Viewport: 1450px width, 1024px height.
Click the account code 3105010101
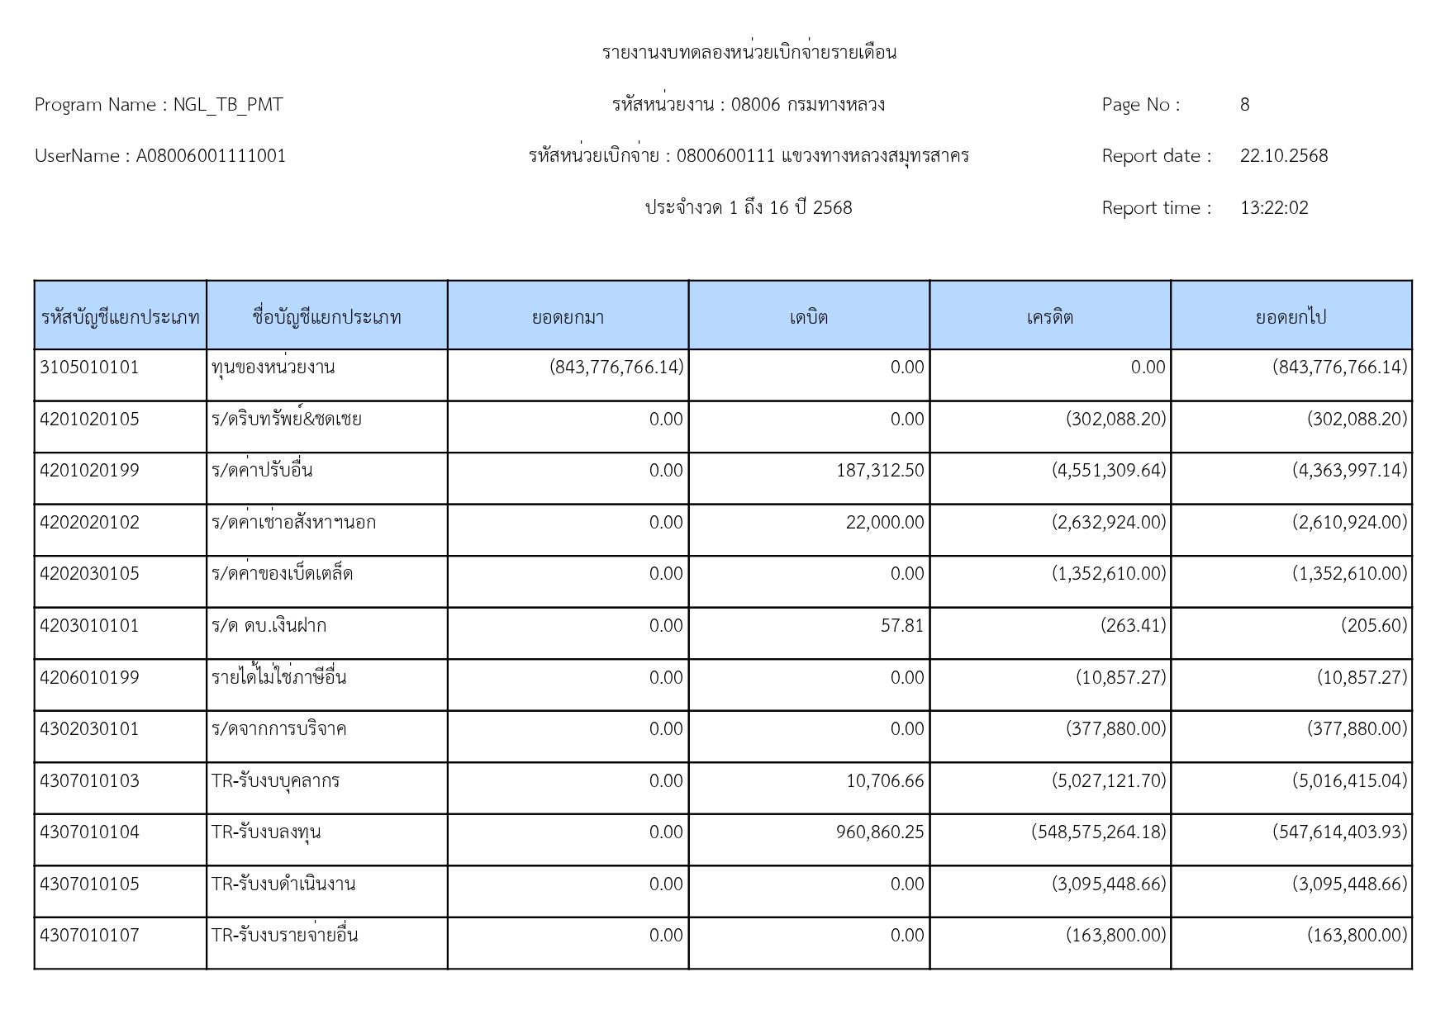click(x=89, y=367)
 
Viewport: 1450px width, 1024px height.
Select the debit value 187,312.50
click(x=880, y=471)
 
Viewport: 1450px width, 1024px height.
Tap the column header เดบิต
click(x=808, y=317)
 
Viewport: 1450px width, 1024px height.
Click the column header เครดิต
click(x=1049, y=317)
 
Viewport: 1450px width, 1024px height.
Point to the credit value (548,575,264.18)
click(x=1098, y=832)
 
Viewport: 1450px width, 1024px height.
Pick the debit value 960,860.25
click(x=880, y=832)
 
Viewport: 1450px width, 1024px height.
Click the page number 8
click(x=1244, y=105)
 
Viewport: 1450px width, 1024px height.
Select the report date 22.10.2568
click(x=1283, y=156)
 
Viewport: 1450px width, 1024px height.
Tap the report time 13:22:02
click(x=1274, y=208)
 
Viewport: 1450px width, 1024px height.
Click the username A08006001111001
click(x=211, y=156)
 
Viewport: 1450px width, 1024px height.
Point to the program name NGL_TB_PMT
click(x=227, y=105)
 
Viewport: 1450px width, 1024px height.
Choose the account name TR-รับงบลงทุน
click(x=266, y=832)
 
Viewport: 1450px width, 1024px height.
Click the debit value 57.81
click(x=902, y=626)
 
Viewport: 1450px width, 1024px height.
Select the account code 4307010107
click(x=89, y=936)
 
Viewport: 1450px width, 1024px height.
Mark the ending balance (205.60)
click(x=1373, y=626)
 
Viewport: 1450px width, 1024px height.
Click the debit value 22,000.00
click(x=885, y=523)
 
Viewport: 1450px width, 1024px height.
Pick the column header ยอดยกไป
click(x=1291, y=317)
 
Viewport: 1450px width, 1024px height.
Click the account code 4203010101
click(x=89, y=626)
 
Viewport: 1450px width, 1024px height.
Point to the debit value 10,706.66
click(x=885, y=781)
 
